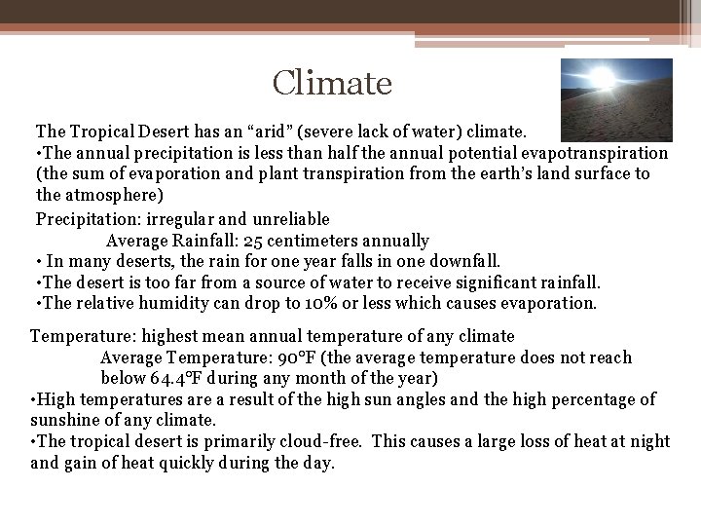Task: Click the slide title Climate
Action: point(332,83)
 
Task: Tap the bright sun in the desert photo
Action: point(603,77)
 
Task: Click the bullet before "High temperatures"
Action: point(35,399)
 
